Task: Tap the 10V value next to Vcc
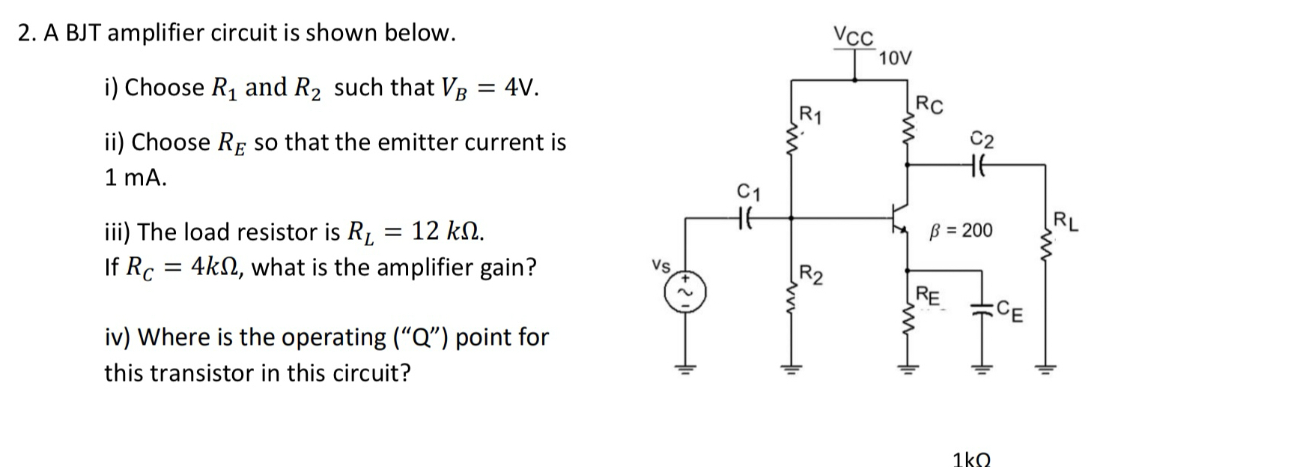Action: (x=896, y=58)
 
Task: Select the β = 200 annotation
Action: (x=961, y=230)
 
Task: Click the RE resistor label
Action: (x=929, y=295)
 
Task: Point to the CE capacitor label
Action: (x=1013, y=310)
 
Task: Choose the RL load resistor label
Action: (x=1066, y=223)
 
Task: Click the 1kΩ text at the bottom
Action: (x=972, y=459)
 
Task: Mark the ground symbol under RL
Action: (x=1046, y=368)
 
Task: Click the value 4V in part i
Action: (x=521, y=88)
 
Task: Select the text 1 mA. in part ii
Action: (x=136, y=178)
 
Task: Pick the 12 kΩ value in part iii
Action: (x=448, y=232)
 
